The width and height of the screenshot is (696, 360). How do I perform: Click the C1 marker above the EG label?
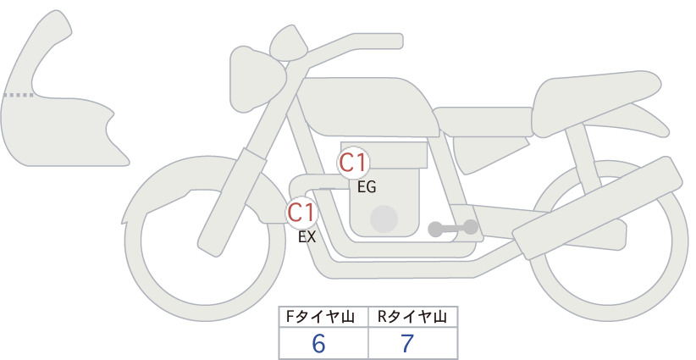pyautogui.click(x=353, y=163)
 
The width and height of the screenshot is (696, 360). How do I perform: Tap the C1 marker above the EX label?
pyautogui.click(x=301, y=213)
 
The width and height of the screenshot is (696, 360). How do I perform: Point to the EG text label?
pyautogui.click(x=367, y=187)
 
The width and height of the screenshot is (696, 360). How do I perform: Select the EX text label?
pyautogui.click(x=307, y=237)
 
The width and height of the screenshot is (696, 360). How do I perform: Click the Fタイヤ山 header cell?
pyautogui.click(x=323, y=317)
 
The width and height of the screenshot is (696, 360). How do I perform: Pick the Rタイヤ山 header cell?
pyautogui.click(x=413, y=317)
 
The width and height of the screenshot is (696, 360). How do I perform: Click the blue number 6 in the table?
pyautogui.click(x=318, y=344)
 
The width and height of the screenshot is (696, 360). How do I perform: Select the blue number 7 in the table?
pyautogui.click(x=407, y=344)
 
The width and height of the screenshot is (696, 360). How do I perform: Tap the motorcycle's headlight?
pyautogui.click(x=257, y=78)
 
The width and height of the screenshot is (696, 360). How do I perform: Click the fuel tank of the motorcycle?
pyautogui.click(x=366, y=107)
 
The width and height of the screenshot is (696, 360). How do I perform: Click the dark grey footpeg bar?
pyautogui.click(x=454, y=228)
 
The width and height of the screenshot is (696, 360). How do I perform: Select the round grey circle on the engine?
pyautogui.click(x=384, y=219)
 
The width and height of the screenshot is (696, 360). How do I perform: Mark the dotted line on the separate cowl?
pyautogui.click(x=19, y=95)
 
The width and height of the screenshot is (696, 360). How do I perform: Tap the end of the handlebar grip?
pyautogui.click(x=400, y=41)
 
